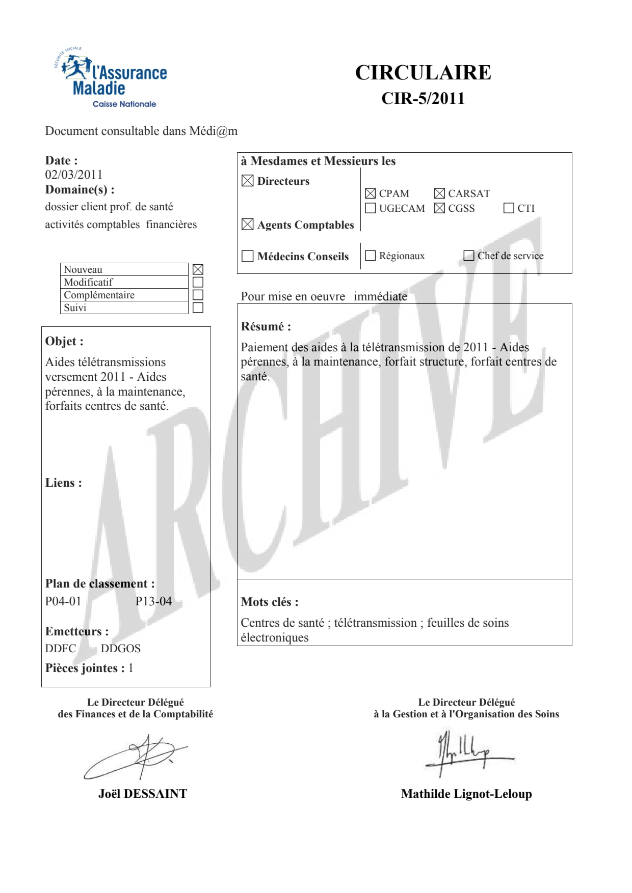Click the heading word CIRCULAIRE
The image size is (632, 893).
(x=423, y=73)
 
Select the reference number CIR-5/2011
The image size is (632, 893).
(x=423, y=98)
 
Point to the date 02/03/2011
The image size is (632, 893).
(x=74, y=175)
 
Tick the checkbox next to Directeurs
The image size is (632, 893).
(x=247, y=181)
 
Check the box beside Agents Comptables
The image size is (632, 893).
(x=247, y=225)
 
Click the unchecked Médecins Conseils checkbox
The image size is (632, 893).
(x=247, y=256)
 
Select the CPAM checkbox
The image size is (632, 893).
(x=371, y=193)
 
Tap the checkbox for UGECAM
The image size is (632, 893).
(x=371, y=208)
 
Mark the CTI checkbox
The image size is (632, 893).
(x=509, y=208)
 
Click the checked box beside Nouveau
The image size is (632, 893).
(x=198, y=269)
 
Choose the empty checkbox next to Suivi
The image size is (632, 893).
(x=198, y=308)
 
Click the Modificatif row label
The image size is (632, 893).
(x=88, y=282)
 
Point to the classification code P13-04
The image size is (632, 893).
(x=153, y=601)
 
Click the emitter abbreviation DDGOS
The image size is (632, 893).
(x=120, y=649)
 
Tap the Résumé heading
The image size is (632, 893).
(x=266, y=326)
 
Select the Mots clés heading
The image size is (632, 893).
(x=270, y=602)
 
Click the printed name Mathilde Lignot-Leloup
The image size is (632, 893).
(x=466, y=794)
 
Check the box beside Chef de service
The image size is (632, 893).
(x=469, y=256)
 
